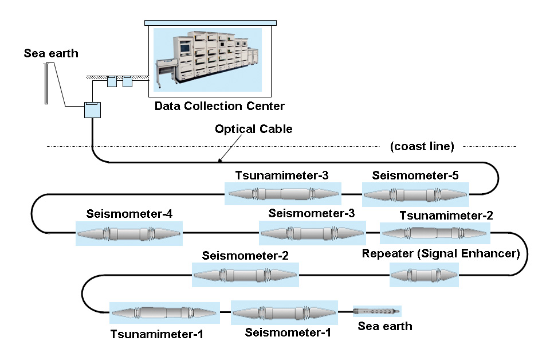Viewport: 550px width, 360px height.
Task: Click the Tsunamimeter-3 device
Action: pyautogui.click(x=284, y=195)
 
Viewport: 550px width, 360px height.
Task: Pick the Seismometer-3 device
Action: pyautogui.click(x=312, y=233)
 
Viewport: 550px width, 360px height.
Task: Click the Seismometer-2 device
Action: pyautogui.click(x=245, y=275)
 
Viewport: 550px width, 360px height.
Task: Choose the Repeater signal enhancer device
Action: pyautogui.click(x=424, y=275)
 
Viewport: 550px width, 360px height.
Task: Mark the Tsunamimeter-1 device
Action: pyautogui.click(x=164, y=313)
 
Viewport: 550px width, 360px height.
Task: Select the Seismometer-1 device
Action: pyautogui.click(x=284, y=313)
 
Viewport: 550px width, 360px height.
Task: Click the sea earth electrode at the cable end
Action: pyautogui.click(x=377, y=311)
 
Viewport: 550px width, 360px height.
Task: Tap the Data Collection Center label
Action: pyautogui.click(x=219, y=106)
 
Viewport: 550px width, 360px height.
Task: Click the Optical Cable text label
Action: pyautogui.click(x=253, y=129)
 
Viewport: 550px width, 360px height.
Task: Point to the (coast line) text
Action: pyautogui.click(x=422, y=146)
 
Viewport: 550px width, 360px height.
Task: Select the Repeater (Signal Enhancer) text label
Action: pyautogui.click(x=441, y=253)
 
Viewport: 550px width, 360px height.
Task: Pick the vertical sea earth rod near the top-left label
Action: pyautogui.click(x=46, y=83)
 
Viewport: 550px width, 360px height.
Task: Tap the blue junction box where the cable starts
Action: pyautogui.click(x=92, y=109)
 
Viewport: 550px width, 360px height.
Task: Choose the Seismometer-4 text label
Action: pyautogui.click(x=129, y=214)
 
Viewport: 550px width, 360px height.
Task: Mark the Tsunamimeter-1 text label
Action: pyautogui.click(x=157, y=334)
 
